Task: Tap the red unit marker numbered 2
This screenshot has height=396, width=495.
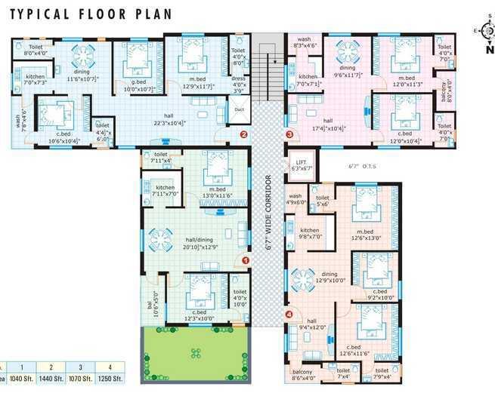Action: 243,135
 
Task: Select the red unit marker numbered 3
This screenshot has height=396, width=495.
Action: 289,134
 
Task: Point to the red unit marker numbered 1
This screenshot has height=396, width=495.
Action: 245,260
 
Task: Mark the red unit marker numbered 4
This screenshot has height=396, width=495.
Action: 288,314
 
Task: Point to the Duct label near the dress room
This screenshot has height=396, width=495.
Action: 240,109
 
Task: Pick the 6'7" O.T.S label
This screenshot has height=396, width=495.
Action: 362,166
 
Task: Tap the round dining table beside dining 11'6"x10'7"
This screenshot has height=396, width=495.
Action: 81,55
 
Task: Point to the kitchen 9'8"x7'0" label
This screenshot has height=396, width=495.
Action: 311,234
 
